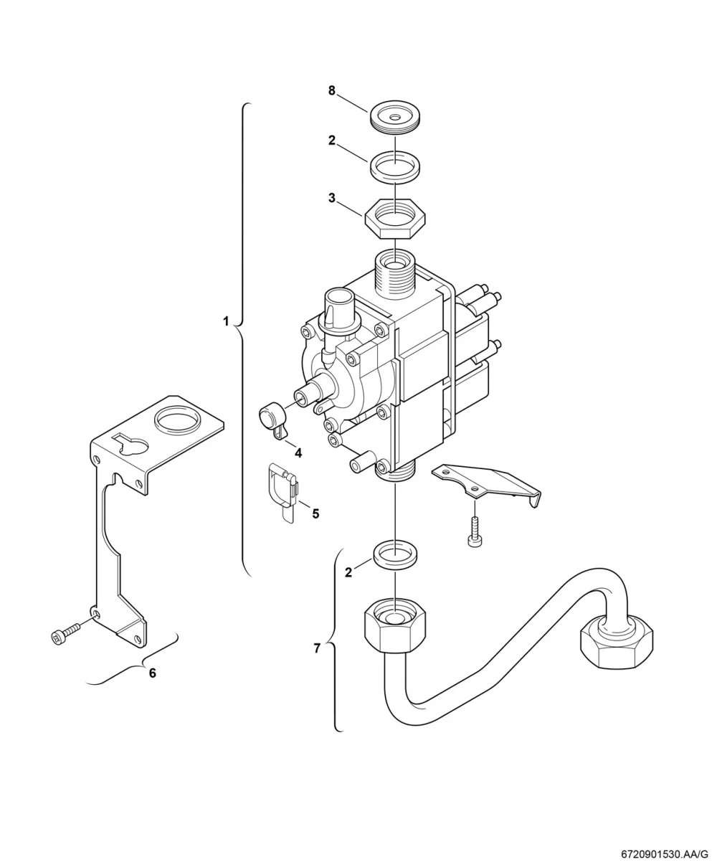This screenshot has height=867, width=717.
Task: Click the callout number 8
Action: pos(331,90)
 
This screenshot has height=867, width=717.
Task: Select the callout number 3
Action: pos(331,198)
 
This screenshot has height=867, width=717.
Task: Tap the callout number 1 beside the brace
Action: pos(226,321)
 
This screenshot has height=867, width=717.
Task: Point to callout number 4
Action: pos(298,453)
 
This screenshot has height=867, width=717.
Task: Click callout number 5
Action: pos(315,513)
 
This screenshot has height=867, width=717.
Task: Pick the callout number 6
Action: pos(153,673)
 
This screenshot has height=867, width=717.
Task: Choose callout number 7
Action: pos(317,648)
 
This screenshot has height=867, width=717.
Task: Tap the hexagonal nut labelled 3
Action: pos(395,218)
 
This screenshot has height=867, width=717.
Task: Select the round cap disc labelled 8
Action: pos(395,117)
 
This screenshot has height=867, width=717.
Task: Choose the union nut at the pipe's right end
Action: pos(616,641)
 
